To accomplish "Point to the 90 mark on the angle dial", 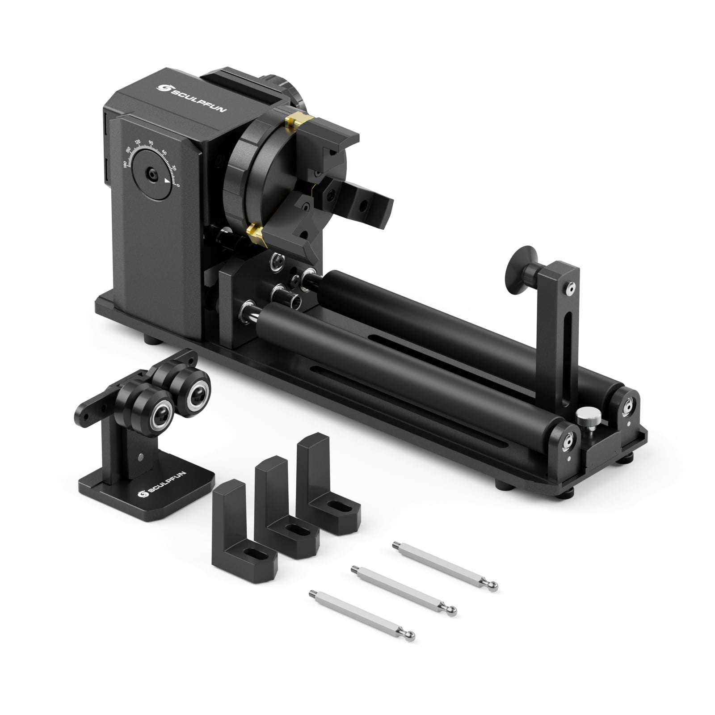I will tap(151, 143).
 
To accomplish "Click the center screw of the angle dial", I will tap(152, 174).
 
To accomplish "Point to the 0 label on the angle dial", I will tap(178, 185).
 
